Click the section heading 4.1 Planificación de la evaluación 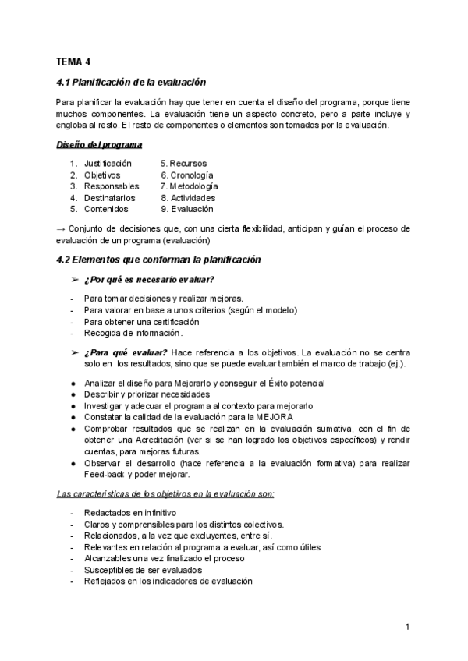point(132,82)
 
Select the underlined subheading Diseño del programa point(99,145)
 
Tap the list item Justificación point(108,164)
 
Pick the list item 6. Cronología point(187,175)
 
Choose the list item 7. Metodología point(190,186)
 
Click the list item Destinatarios point(111,198)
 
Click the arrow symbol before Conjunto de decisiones point(62,228)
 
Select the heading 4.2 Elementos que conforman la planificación point(159,260)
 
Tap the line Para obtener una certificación point(141,321)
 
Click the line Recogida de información point(133,333)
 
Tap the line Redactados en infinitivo point(130,512)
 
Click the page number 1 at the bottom point(407,627)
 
